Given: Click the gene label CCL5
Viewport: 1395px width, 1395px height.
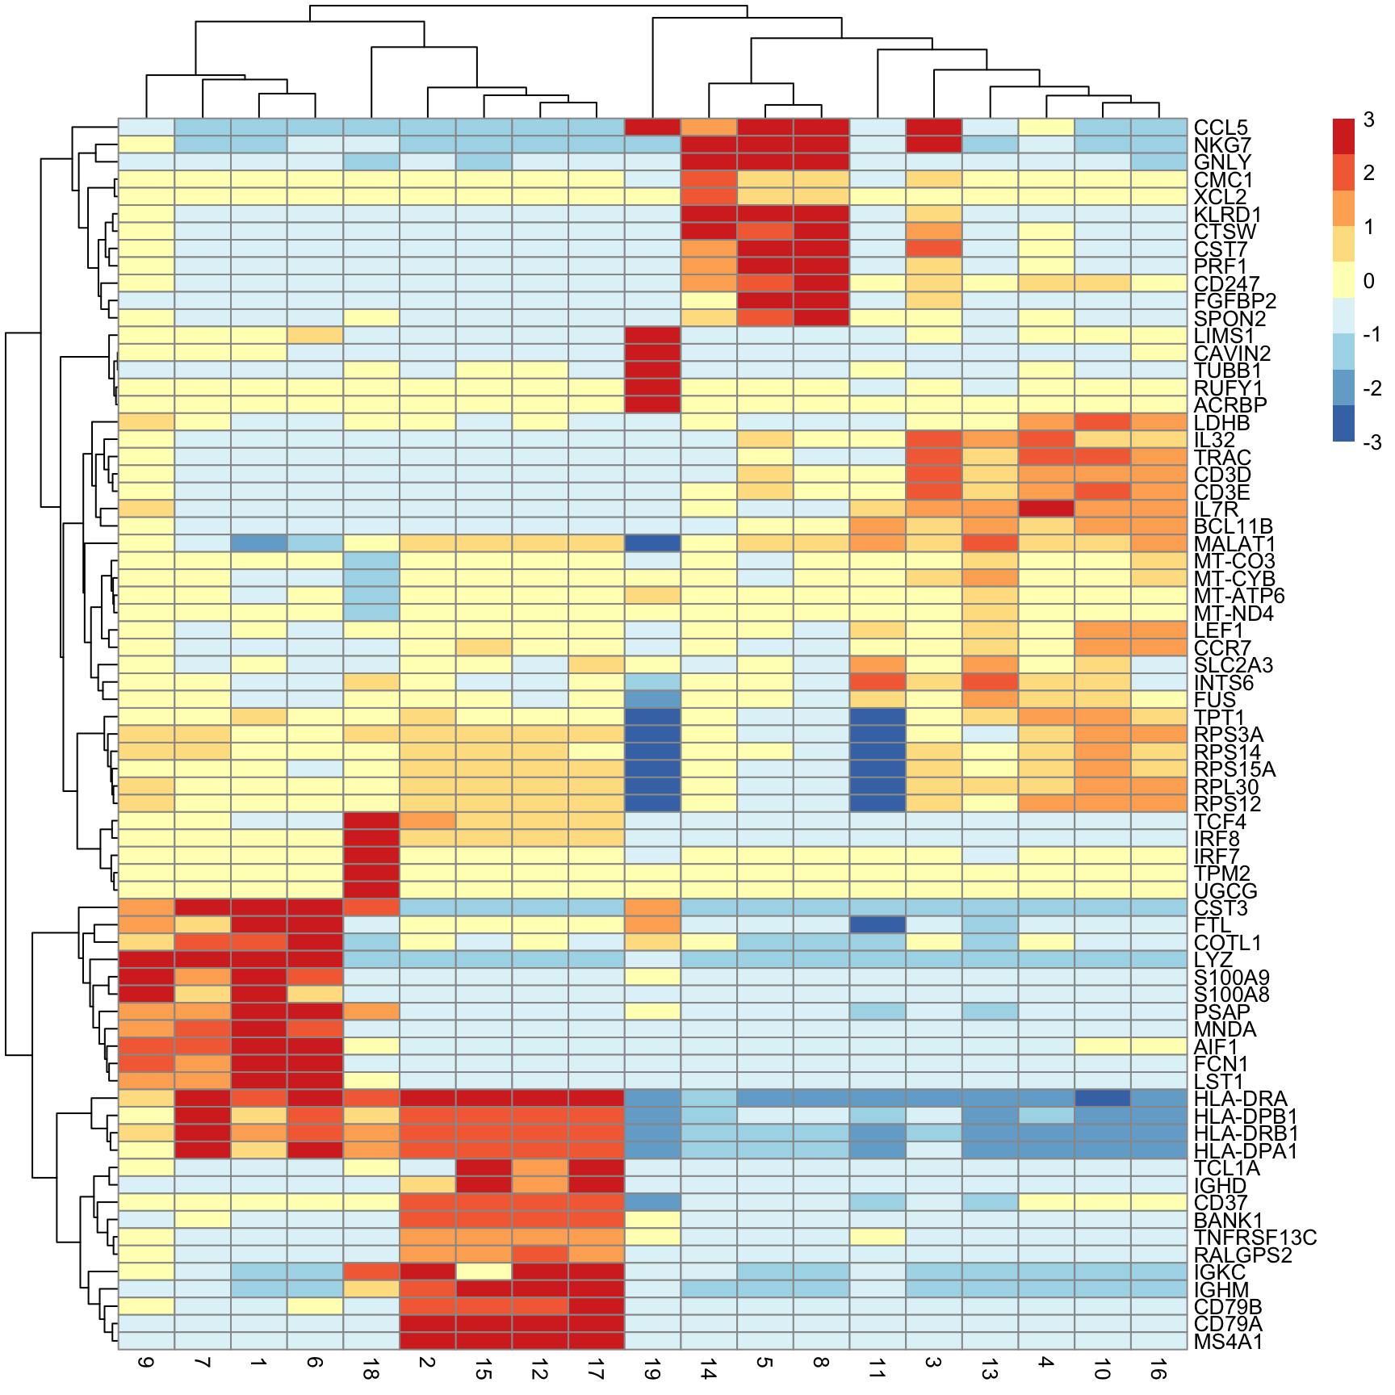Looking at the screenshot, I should coord(1220,128).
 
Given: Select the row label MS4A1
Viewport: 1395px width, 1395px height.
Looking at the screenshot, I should coord(1228,1343).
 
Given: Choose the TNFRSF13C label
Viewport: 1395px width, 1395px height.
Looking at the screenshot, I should coord(1255,1238).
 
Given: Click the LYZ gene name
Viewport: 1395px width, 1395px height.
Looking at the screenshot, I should coord(1213,961).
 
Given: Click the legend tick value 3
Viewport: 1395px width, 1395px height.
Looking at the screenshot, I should coord(1368,119).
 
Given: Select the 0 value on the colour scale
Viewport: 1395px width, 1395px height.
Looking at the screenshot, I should coord(1368,281).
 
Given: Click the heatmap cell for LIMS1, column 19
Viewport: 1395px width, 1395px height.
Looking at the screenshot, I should coord(652,336).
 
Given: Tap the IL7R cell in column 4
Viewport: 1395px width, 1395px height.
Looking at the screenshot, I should coord(1046,509).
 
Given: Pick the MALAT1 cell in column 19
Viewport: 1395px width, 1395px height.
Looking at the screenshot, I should coord(652,544).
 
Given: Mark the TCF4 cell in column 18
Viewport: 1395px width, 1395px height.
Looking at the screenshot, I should coord(371,822).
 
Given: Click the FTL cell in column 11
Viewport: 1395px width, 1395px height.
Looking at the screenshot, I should coord(878,925).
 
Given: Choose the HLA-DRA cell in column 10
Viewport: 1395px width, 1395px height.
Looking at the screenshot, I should coord(1103,1099).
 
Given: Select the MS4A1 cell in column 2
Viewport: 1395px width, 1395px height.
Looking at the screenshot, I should coord(428,1342).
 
